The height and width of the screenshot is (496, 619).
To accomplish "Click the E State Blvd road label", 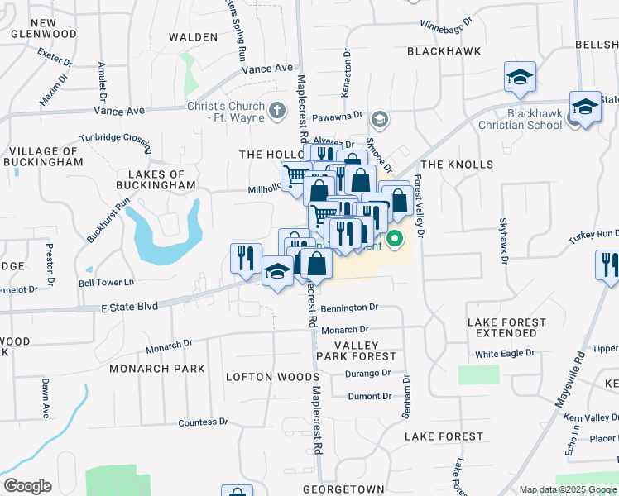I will pos(128,307).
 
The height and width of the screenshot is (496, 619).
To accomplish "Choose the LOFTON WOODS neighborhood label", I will pos(262,376).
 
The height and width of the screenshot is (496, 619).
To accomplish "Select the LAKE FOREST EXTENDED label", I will pos(506,327).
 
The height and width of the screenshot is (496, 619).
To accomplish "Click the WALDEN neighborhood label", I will pos(194,37).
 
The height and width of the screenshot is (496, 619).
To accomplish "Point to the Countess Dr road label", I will pos(203,422).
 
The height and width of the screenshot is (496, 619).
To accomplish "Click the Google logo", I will pos(27,486).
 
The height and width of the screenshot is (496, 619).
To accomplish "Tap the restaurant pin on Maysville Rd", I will pos(608,266).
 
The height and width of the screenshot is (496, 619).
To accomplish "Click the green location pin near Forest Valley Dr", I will pos(395,241).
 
